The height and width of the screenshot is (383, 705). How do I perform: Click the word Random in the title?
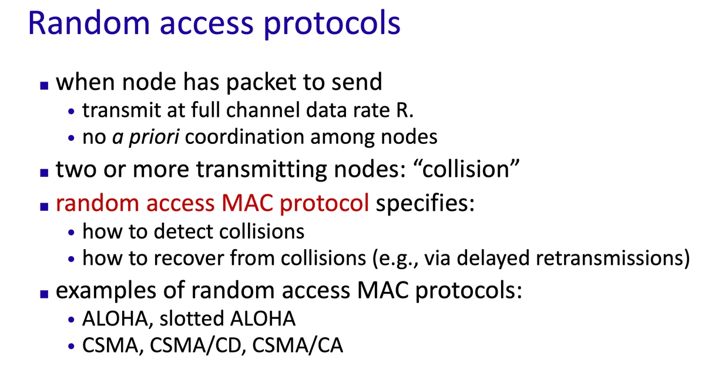[89, 23]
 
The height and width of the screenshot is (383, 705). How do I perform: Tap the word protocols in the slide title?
[332, 25]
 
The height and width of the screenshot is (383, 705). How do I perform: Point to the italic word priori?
[154, 137]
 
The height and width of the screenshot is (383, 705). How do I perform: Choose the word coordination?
[245, 137]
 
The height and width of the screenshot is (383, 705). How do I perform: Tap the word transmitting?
[261, 170]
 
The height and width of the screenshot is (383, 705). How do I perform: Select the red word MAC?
[247, 203]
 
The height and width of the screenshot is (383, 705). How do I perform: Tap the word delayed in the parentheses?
[493, 258]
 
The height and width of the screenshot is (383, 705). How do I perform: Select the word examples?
[106, 291]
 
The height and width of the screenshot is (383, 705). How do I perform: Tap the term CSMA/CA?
[297, 345]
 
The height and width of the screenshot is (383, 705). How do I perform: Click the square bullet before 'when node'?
[45, 86]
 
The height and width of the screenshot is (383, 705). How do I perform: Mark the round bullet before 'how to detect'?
[72, 233]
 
